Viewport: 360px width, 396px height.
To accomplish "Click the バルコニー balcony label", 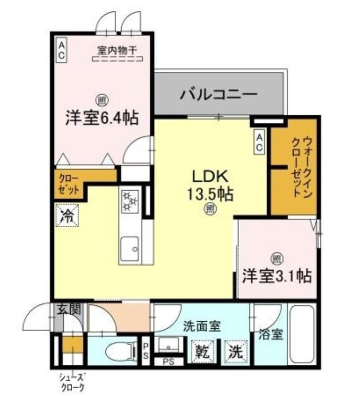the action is pos(219,95).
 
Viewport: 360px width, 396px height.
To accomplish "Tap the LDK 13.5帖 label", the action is pos(210,185).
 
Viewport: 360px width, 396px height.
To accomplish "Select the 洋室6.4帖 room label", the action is pos(102,118).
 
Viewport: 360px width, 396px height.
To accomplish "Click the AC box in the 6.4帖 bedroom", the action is pos(61,50).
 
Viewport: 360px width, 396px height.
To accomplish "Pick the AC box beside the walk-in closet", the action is pos(259,142).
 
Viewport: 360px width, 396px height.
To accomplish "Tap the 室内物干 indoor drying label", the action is pos(117,50).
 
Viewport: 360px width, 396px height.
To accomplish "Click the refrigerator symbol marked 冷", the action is pos(67,215).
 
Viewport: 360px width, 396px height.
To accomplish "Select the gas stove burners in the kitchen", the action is pos(130,201).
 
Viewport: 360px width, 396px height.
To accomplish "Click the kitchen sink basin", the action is pos(130,249).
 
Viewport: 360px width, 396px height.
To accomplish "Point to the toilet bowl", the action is pos(119,351).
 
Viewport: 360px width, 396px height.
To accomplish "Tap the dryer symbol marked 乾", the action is pos(203,352).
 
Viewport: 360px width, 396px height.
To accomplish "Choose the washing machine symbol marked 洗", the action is pos(235,352).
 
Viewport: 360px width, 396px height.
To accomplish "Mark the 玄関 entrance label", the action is pos(69,309).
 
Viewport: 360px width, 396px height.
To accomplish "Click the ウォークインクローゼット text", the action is pos(302,167).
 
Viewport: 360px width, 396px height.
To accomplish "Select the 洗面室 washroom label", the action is pos(202,326).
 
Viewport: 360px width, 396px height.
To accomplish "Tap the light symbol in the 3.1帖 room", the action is pos(277,259).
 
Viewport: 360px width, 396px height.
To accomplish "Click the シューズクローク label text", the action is pos(72,382).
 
